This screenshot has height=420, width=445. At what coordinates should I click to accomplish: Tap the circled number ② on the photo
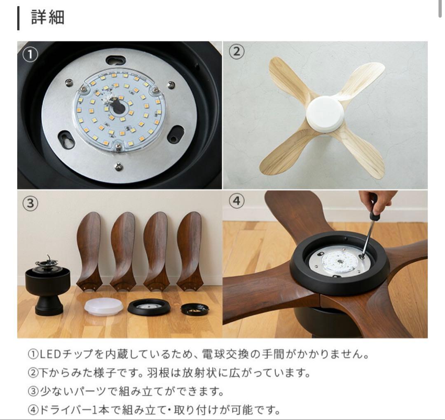[x=236, y=52]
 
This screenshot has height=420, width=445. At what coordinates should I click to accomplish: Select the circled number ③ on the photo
[x=30, y=203]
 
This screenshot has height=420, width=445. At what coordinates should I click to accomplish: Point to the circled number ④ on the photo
[x=236, y=201]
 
